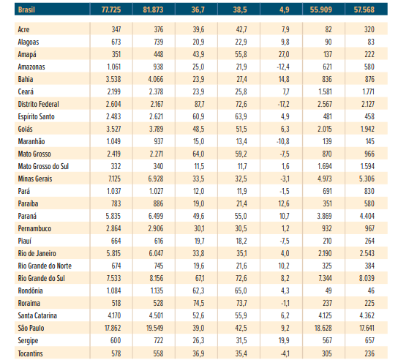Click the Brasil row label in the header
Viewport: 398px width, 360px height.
coord(26,10)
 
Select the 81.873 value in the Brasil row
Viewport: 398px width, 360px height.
coord(153,10)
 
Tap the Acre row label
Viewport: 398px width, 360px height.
coord(23,29)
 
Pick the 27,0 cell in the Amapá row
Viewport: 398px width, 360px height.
coord(284,54)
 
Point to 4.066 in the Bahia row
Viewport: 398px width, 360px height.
coord(156,79)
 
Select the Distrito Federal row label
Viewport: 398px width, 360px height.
coord(38,104)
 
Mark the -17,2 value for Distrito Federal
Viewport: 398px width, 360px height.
coord(283,104)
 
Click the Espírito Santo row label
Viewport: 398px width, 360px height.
coord(36,116)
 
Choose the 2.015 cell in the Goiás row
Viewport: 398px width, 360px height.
coord(325,129)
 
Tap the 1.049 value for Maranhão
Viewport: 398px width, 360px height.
coord(113,141)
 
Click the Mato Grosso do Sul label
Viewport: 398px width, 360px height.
coord(43,166)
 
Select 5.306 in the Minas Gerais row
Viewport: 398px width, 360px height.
coord(367,179)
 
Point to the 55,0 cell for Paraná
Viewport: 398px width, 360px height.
coord(241,216)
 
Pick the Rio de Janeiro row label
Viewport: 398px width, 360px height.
coord(37,253)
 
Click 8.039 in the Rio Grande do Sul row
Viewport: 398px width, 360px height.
coord(367,278)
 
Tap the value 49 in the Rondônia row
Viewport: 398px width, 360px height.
coord(328,290)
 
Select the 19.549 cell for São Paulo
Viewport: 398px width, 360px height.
coord(154,328)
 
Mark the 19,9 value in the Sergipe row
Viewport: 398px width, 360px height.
coord(284,340)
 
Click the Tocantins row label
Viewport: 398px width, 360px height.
coord(30,353)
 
